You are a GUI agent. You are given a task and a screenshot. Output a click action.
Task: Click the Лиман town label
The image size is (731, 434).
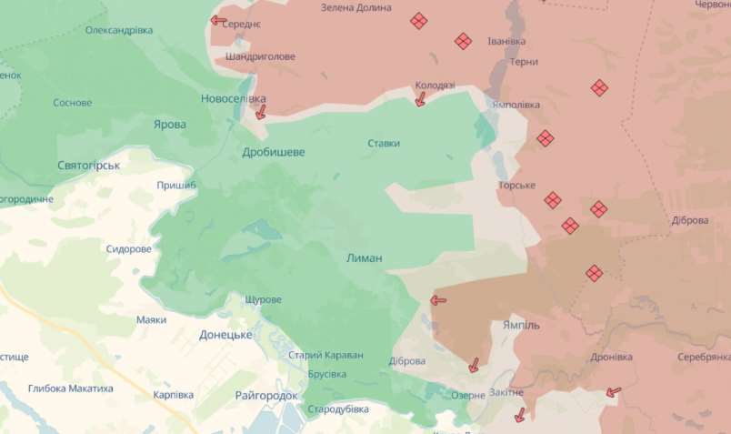tap(365, 258)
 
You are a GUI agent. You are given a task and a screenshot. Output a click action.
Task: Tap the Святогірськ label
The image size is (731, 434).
tap(89, 165)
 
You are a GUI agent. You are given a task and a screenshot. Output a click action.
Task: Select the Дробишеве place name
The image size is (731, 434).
tap(274, 152)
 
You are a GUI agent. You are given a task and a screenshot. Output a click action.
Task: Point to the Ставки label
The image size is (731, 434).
tap(384, 143)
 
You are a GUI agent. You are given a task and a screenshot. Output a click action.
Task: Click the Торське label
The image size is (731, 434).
tap(516, 186)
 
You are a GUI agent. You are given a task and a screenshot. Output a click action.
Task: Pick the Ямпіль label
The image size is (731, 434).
tap(521, 325)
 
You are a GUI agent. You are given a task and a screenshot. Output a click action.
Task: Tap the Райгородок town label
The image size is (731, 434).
tap(266, 396)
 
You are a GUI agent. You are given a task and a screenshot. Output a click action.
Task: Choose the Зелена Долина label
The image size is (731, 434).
tap(356, 7)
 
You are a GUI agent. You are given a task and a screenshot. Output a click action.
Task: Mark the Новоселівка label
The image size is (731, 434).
tap(234, 98)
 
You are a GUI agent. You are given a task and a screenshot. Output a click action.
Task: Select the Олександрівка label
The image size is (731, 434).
tap(119, 30)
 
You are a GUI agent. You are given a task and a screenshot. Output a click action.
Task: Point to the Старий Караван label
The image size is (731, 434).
tap(325, 355)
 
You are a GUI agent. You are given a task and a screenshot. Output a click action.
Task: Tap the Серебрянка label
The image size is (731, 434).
tap(704, 358)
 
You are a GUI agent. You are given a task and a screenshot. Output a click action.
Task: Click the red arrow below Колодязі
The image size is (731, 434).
tap(420, 100)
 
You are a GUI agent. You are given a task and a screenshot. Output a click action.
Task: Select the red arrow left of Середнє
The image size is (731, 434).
tap(218, 19)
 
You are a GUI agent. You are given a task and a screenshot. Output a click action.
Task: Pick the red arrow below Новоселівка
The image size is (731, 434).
tap(261, 112)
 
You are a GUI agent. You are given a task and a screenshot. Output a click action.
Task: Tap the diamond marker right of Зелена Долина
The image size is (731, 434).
tap(419, 20)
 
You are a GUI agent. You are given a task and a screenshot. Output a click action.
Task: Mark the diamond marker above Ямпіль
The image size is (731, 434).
tap(594, 272)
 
